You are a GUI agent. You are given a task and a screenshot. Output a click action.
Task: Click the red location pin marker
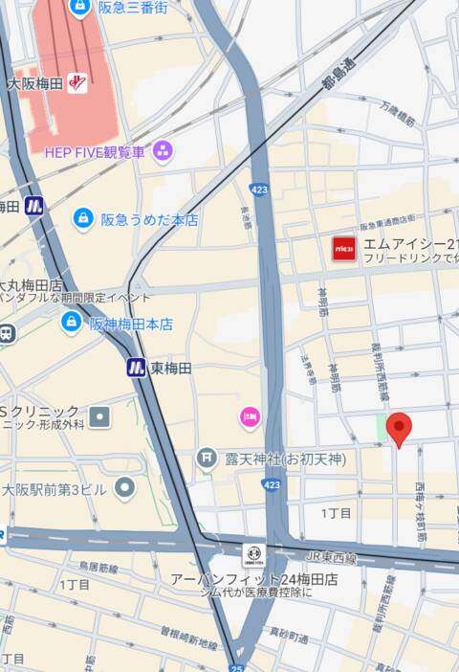coord(399,428)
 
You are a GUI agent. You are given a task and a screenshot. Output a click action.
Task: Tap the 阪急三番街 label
coord(132,8)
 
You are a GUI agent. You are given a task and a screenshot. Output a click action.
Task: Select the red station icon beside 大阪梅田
coord(77,84)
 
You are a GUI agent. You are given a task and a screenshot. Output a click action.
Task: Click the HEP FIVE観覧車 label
coord(95,151)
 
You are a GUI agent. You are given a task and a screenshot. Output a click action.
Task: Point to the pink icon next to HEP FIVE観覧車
coord(164,150)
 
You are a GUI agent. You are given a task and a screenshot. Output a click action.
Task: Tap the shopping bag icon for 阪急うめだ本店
coord(83,219)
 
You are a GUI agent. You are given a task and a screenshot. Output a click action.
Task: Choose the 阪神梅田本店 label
coord(131,325)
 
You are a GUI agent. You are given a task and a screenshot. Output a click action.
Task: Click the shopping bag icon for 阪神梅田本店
coord(71,323)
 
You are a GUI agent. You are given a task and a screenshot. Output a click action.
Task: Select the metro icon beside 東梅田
coord(136,368)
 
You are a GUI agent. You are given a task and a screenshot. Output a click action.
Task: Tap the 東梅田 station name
coord(171,368)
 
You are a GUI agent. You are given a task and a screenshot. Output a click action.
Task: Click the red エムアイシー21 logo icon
coord(344,248)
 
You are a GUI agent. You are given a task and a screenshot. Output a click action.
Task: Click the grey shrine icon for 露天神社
coord(206,459)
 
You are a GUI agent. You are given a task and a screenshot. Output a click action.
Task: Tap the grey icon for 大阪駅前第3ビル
coord(125,488)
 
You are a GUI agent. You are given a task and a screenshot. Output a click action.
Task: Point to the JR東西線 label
coord(330,558)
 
